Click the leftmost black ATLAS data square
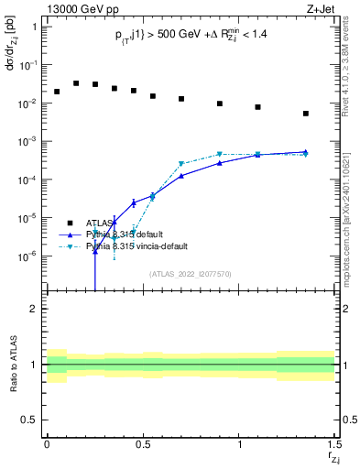click(x=57, y=92)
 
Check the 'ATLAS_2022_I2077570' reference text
click(x=190, y=273)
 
